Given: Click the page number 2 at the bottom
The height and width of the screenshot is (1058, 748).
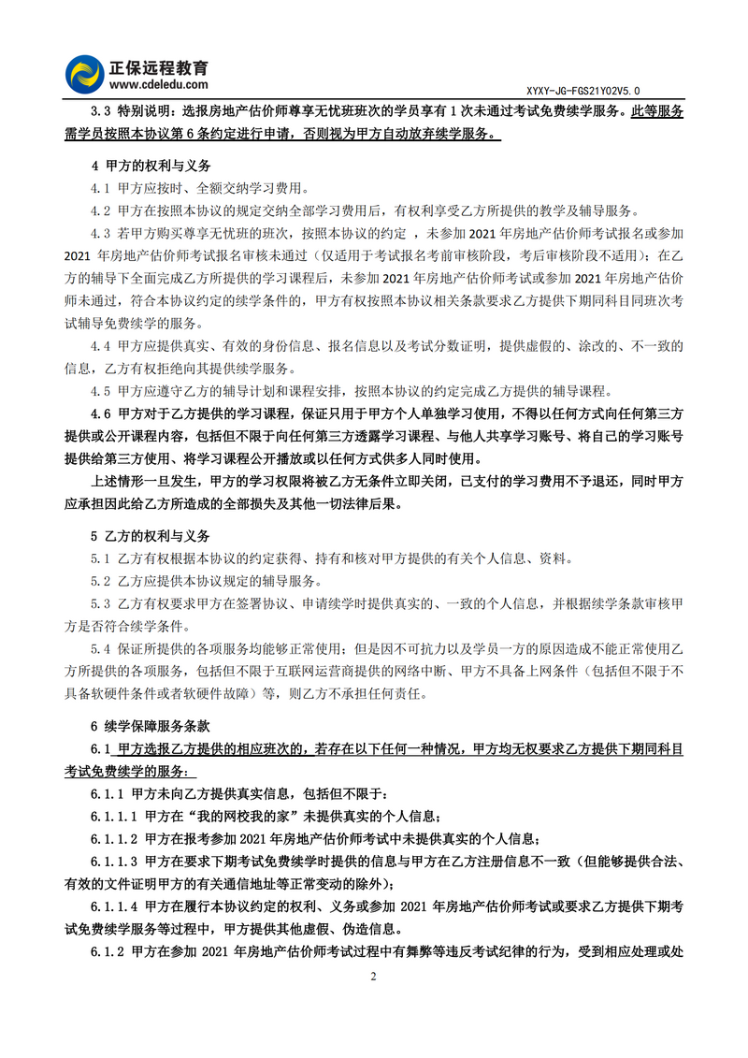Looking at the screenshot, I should click(x=374, y=977).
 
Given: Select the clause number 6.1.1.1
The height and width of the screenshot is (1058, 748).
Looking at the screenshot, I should click(x=113, y=816).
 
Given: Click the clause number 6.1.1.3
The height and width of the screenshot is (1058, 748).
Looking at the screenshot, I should click(x=113, y=861).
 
